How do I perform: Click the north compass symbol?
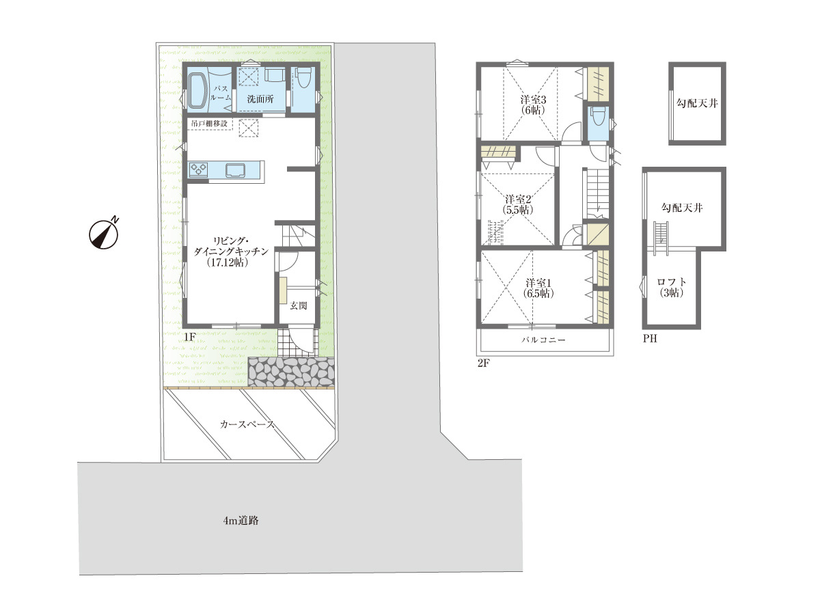click(x=104, y=234)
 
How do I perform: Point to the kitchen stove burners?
click(x=197, y=169)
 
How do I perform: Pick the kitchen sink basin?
click(x=235, y=170)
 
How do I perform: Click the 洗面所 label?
click(x=260, y=99)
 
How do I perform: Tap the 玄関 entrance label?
click(x=299, y=305)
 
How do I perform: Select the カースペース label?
click(x=247, y=424)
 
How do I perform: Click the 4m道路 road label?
click(x=241, y=520)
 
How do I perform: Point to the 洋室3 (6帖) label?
click(x=533, y=105)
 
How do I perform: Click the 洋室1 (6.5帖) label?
click(x=538, y=288)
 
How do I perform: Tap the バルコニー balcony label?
click(x=543, y=340)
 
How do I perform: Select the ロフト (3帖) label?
click(x=671, y=287)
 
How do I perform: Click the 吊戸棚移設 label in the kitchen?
click(x=209, y=123)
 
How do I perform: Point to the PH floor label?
click(x=650, y=338)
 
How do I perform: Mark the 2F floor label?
click(x=483, y=363)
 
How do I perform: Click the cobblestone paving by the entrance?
click(x=290, y=372)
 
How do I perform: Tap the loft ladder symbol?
click(x=661, y=238)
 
